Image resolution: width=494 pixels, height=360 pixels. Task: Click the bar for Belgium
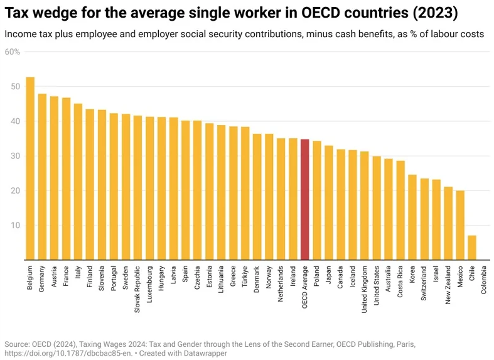coord(30,168)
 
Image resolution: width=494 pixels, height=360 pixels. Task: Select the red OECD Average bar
coord(304,199)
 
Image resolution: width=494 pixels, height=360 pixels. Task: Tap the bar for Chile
coord(472,248)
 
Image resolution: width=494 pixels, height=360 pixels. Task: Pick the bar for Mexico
coord(460,225)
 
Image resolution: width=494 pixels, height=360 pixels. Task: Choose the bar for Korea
coord(412,217)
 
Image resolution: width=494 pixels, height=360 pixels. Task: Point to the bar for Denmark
coord(257,197)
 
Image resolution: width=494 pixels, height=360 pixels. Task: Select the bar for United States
coord(377,208)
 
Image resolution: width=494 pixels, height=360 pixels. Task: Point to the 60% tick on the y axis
coord(13,52)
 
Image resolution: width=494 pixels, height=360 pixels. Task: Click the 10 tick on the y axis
coord(16,225)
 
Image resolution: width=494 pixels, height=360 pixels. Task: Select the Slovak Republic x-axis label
coord(137,286)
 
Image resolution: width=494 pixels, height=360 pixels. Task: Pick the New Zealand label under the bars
coord(448,285)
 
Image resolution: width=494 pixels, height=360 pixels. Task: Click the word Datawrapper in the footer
coord(203,353)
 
